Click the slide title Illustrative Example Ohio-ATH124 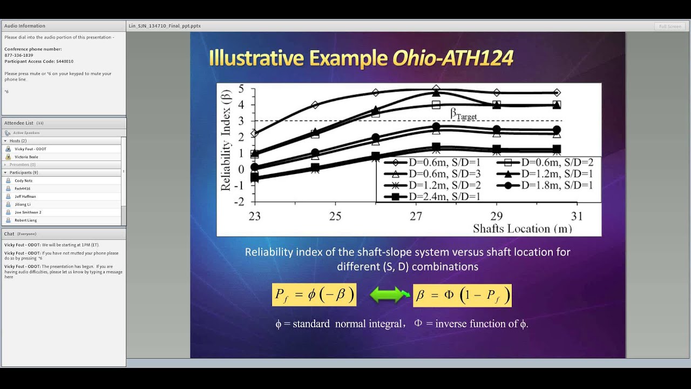361,58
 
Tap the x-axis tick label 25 335,217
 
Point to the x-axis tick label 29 496,217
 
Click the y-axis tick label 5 241,89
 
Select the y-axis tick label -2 239,202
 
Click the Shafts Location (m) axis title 522,229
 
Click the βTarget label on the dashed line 463,114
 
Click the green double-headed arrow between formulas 390,295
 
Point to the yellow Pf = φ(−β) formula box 314,295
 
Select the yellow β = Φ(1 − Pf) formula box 462,296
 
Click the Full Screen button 670,26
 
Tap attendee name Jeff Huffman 25,197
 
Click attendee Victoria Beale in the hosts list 26,157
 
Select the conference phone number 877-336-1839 19,55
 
